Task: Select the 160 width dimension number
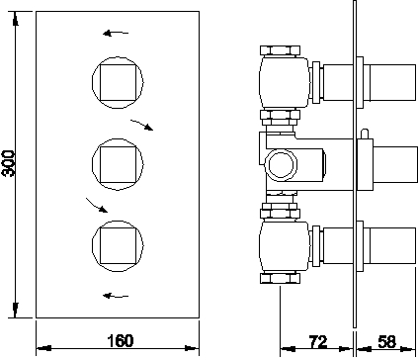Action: [x=120, y=342]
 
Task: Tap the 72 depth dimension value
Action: [x=318, y=342]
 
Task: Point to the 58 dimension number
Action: [x=386, y=342]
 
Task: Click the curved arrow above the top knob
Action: [x=115, y=33]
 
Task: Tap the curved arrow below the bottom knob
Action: [x=115, y=294]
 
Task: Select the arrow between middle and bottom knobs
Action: [x=96, y=205]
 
